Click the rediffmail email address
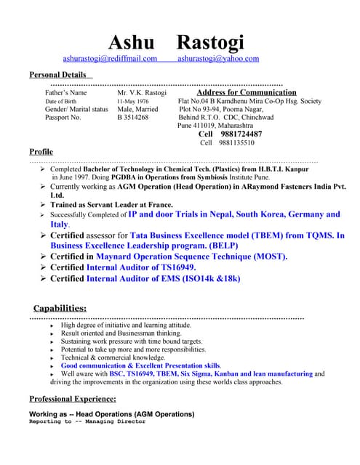coord(110,58)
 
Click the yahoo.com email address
coord(217,58)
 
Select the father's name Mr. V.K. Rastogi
coord(142,93)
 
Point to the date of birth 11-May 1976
coord(133,101)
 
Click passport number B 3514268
coord(133,117)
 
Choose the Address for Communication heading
coord(247,92)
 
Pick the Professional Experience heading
coord(72,399)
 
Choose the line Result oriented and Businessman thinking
coord(128,333)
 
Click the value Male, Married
coord(137,109)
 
